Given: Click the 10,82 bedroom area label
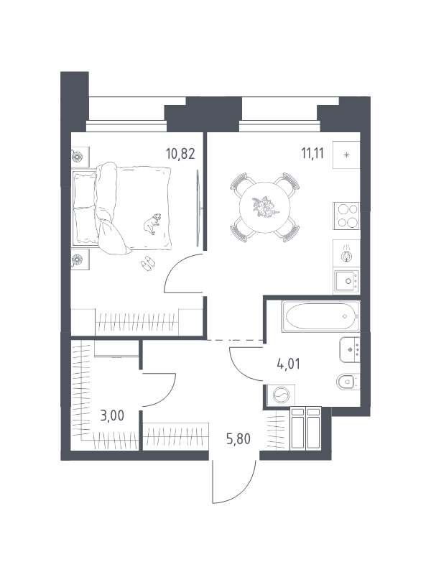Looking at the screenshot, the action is (180, 153).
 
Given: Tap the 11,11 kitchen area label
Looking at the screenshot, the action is (312, 153).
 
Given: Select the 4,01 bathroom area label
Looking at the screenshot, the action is (288, 364).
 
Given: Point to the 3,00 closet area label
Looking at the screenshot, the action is (112, 415).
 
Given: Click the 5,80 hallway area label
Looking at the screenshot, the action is (238, 438).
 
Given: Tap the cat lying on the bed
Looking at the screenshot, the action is (152, 223).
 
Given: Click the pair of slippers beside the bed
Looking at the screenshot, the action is (148, 263).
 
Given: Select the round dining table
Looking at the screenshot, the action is (264, 207).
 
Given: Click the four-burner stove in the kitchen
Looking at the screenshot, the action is (346, 216).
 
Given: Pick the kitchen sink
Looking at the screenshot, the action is (346, 281).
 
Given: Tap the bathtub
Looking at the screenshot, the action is (320, 316).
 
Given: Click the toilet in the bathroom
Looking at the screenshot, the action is (348, 382).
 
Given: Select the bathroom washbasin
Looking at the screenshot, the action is (350, 349).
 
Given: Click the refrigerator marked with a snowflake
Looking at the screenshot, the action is (346, 155).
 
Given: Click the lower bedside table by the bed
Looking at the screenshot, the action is (80, 259).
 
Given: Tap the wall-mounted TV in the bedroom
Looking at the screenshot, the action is (198, 208).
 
